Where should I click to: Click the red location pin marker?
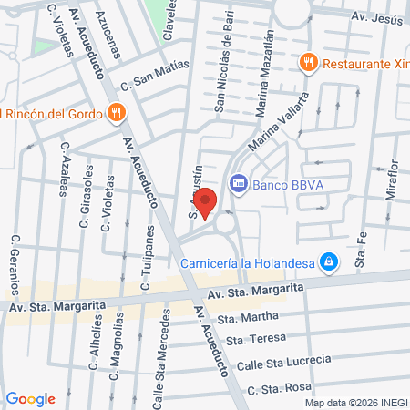[x=205, y=203]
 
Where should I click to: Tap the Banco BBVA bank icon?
[x=239, y=183]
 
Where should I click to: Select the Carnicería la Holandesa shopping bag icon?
[x=330, y=263]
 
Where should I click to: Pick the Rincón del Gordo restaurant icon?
[x=115, y=113]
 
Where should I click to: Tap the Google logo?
[x=31, y=398]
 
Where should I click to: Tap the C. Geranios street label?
[x=15, y=265]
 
